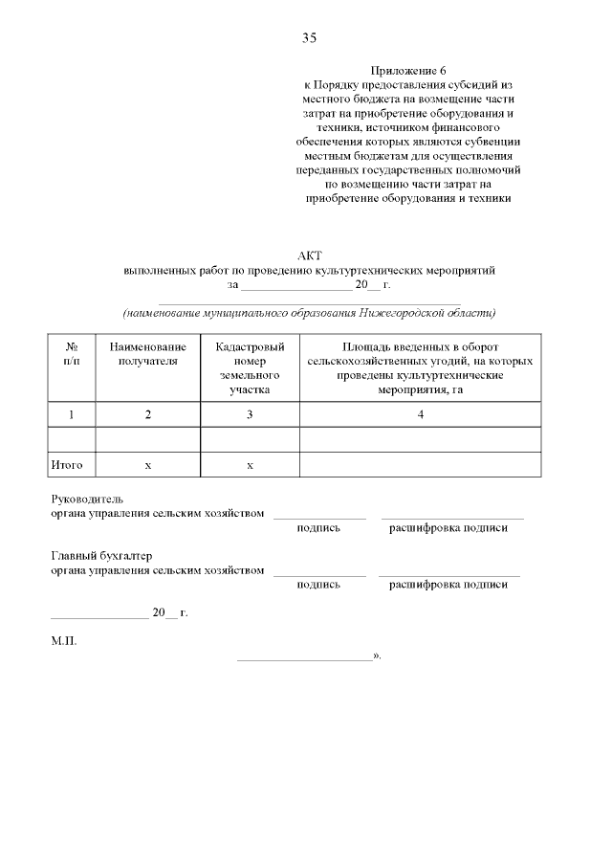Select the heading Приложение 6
[407, 71]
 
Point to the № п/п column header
[72, 353]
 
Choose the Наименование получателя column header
[148, 353]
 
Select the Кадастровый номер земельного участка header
[250, 367]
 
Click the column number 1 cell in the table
[72, 413]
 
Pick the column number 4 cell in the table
[421, 413]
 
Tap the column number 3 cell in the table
[250, 413]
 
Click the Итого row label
[66, 464]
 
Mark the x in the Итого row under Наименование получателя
[148, 464]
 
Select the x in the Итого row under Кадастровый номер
[250, 464]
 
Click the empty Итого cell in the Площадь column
[421, 464]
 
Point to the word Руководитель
[87, 499]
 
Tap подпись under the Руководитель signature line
[318, 527]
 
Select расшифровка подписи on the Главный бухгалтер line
[448, 585]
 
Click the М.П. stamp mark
[63, 641]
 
